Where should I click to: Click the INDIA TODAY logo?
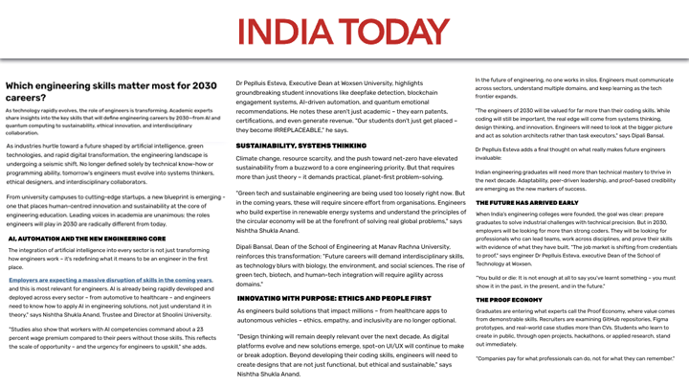[344, 29]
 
